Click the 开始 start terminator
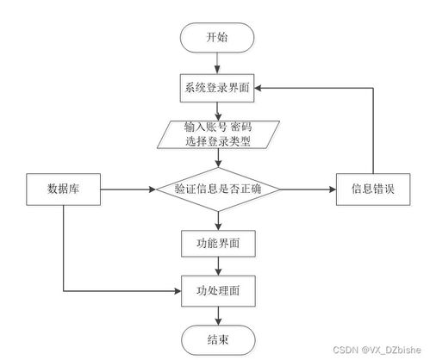[x=218, y=37]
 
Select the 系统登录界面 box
[x=218, y=88]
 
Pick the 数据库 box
[x=65, y=189]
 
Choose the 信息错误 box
[x=372, y=189]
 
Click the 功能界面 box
[x=218, y=244]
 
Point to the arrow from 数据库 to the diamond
[x=125, y=189]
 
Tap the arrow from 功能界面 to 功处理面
[x=218, y=267]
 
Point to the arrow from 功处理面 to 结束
[x=218, y=314]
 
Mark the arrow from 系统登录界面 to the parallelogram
[x=218, y=111]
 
